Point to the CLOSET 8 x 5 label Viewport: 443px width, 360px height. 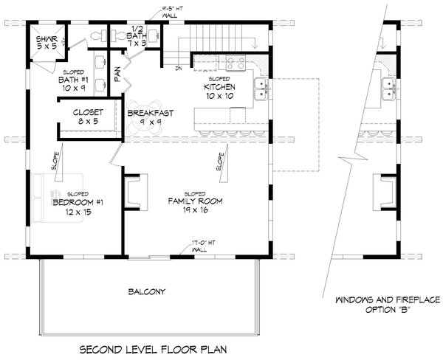click(x=88, y=117)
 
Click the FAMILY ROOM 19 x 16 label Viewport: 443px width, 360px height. click(x=194, y=204)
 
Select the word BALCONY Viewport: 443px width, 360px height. click(x=145, y=291)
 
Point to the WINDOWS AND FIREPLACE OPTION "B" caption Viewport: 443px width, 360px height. click(x=387, y=305)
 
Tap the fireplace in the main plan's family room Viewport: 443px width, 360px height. click(x=132, y=191)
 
